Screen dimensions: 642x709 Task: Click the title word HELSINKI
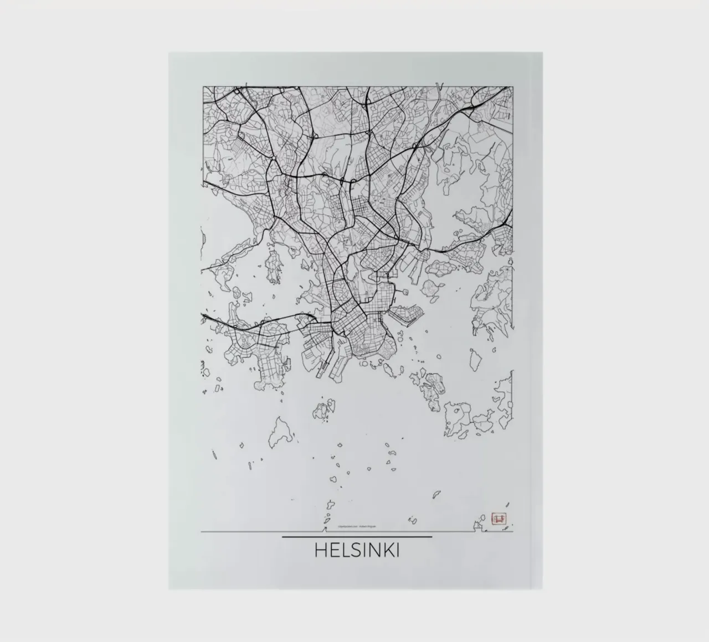357,551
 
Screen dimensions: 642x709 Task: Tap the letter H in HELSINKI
321,551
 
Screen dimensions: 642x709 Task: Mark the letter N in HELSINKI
374,551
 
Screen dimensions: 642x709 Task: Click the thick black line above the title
357,537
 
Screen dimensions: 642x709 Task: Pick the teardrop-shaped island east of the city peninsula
475,360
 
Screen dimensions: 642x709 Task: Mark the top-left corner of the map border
202,86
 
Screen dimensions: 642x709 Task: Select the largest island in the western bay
273,266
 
